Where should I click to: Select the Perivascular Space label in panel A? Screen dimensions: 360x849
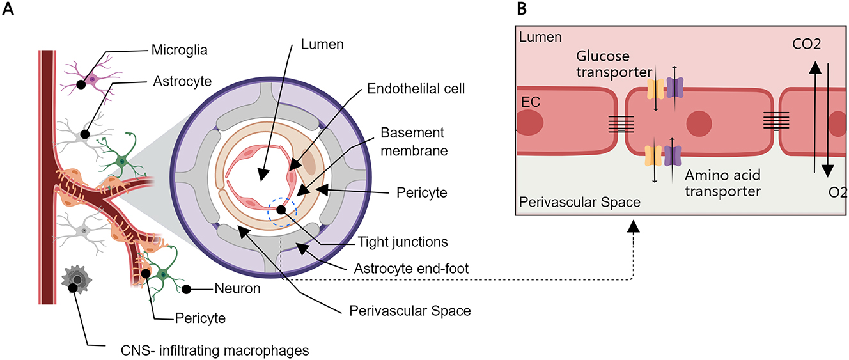point(410,311)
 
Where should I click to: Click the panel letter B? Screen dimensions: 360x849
point(520,8)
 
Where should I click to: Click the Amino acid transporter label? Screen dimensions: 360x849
point(722,183)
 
